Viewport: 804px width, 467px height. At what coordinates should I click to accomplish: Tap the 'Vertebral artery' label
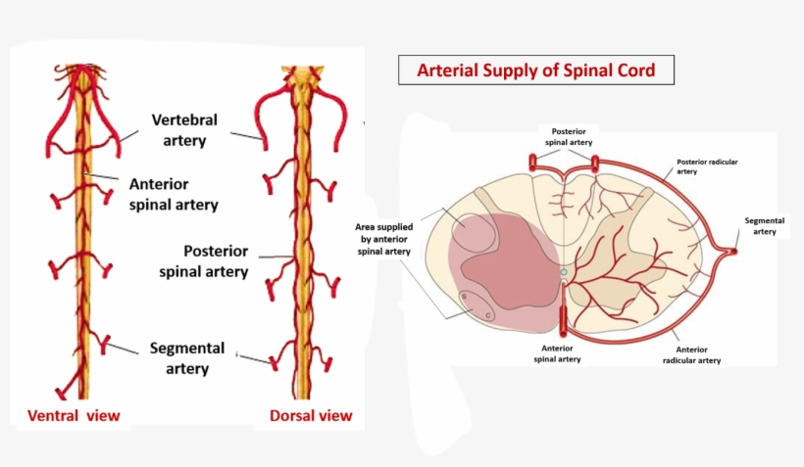click(x=184, y=130)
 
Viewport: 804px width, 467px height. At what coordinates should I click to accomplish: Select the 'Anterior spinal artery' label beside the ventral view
click(x=173, y=194)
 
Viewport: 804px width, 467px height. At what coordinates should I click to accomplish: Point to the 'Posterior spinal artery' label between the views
click(x=203, y=260)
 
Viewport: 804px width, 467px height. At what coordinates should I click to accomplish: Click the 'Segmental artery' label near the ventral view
click(x=186, y=358)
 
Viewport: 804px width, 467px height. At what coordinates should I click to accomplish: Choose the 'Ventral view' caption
click(x=74, y=416)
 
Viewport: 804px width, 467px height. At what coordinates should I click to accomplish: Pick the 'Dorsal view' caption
click(x=311, y=416)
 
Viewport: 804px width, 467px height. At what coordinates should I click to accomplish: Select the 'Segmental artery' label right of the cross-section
click(x=765, y=226)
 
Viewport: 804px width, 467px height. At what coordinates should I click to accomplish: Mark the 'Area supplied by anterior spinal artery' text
click(x=382, y=239)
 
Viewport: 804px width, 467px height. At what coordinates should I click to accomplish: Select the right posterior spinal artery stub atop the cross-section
click(x=591, y=162)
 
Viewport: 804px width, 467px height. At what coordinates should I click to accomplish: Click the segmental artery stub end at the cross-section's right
click(x=734, y=252)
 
